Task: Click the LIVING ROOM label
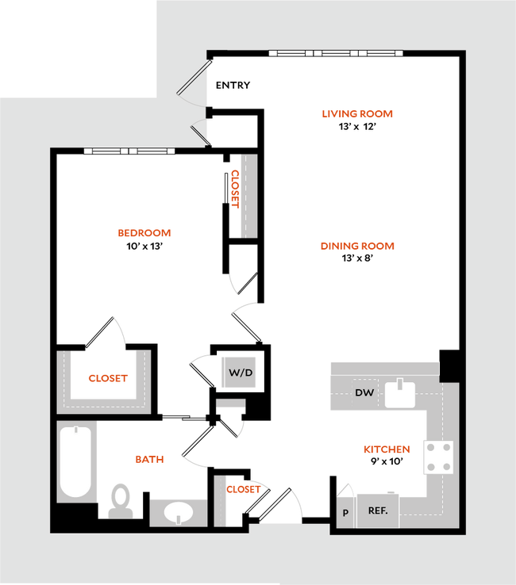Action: pos(357,114)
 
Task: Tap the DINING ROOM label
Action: pos(357,247)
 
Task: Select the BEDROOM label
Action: pos(144,233)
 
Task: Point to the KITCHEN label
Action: pos(387,449)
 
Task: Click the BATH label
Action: pos(149,459)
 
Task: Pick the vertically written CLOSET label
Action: pos(235,187)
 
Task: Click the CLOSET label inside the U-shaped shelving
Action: pos(107,378)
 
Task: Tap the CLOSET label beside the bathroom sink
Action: pos(243,489)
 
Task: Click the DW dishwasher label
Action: pos(364,393)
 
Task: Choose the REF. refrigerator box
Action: pos(377,510)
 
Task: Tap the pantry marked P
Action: pos(345,512)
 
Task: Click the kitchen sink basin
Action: pos(400,396)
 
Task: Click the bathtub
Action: pos(76,462)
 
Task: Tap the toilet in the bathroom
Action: pos(120,501)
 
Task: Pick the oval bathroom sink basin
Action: pos(182,513)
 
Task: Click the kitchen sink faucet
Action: pos(400,385)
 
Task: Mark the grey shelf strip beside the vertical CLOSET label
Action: pos(249,195)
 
